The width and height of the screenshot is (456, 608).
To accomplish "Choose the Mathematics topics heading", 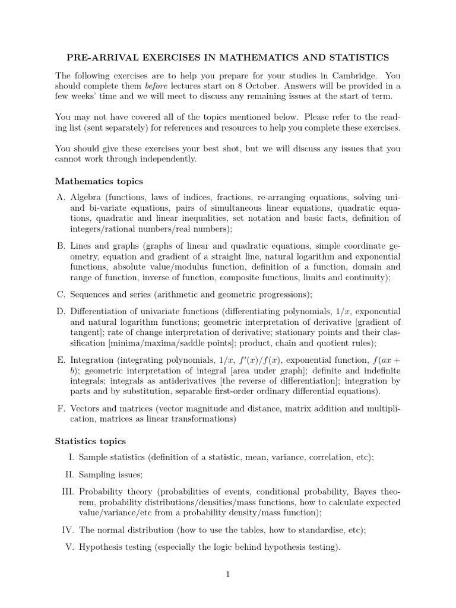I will pos(99,181).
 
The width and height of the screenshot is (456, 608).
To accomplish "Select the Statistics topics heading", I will pos(90,441).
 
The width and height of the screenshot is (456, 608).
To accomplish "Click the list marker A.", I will pos(61,197).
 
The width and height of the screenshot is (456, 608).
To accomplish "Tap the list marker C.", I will pos(61,294).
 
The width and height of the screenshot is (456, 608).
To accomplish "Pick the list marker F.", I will pos(61,408).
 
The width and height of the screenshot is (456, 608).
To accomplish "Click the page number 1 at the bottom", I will pos(228,574).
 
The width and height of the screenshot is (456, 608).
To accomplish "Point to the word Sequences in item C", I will pos(90,294).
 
